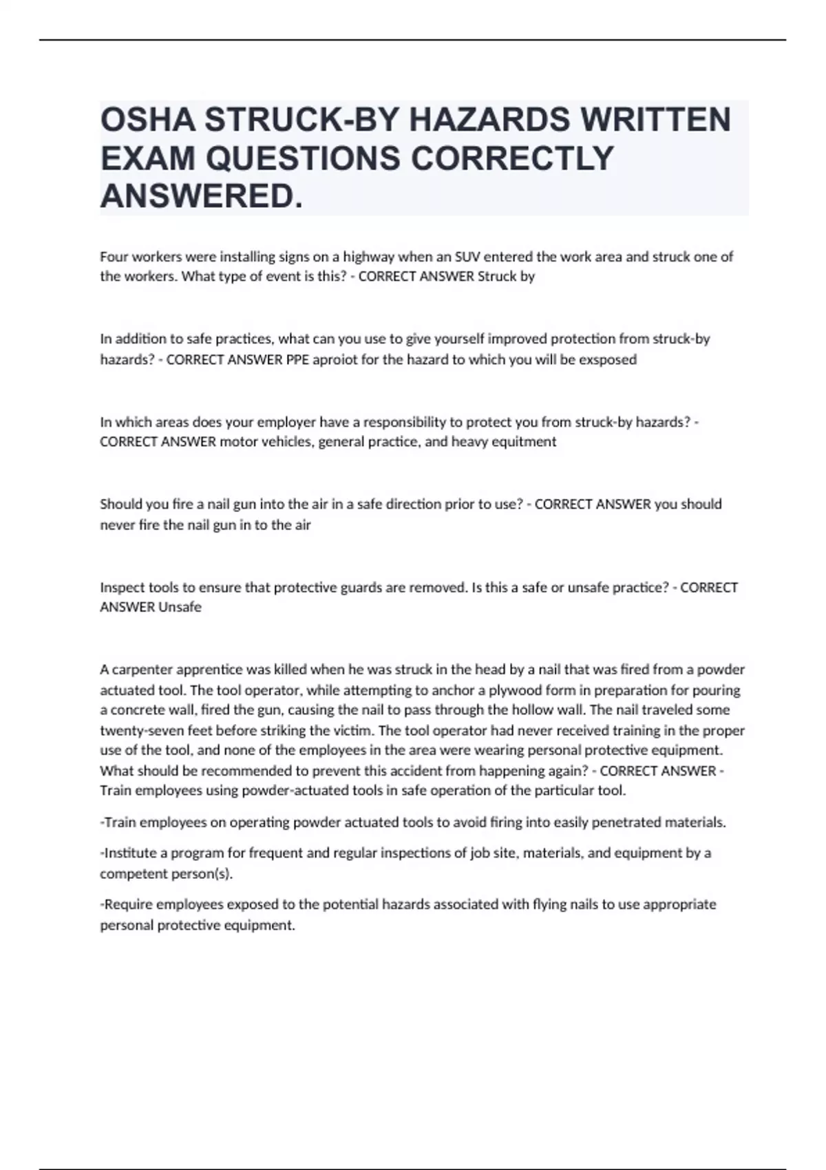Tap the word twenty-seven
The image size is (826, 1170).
click(x=142, y=730)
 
